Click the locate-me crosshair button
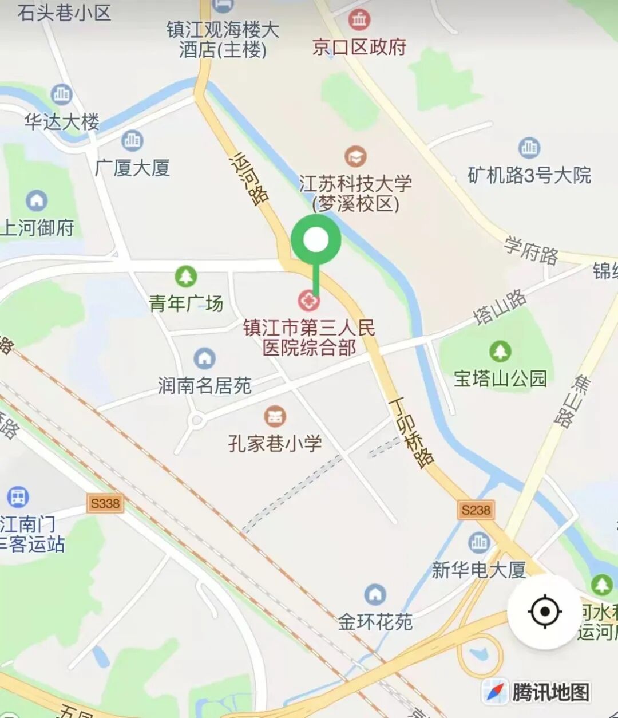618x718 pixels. [x=544, y=612]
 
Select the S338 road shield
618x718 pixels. [x=105, y=503]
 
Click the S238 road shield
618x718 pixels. [x=476, y=510]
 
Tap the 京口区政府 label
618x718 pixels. [x=359, y=47]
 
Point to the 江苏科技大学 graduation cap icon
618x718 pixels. [x=355, y=156]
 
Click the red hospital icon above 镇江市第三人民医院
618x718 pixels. [x=309, y=300]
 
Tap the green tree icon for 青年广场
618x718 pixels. [x=185, y=277]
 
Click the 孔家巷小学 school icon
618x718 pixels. [x=275, y=417]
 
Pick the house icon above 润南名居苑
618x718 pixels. [x=204, y=359]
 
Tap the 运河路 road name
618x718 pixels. [x=249, y=178]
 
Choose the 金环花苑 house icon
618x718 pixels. [x=375, y=595]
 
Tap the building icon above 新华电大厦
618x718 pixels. [x=478, y=542]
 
